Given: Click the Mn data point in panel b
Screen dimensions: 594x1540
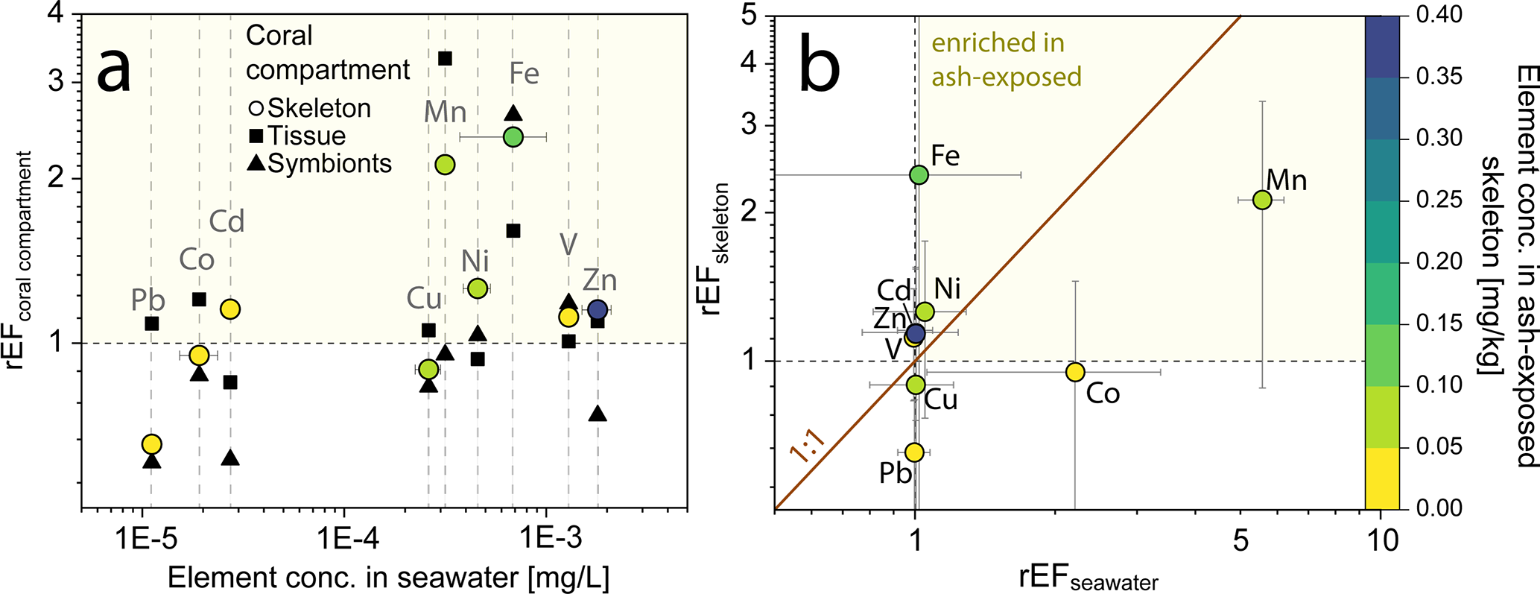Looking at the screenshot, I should pos(1261,200).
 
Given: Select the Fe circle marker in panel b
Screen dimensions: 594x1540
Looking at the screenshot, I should pos(919,175).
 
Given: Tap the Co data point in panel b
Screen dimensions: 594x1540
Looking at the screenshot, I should pos(1074,372).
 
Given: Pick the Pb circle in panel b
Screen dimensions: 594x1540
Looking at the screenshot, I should pos(914,452).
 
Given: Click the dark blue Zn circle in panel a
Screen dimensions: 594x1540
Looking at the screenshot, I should pos(597,310).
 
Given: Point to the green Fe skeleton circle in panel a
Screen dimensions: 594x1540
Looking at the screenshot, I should pos(513,137).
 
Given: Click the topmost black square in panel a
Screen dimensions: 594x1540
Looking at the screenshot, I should pos(445,58).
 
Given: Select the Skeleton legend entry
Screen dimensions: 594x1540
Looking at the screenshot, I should pos(310,109).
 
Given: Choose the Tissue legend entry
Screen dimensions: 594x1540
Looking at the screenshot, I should pos(298,136).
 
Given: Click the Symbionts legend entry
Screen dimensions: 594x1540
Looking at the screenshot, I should pos(320,164).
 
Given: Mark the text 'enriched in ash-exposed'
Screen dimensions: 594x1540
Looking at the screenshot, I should pos(1006,60).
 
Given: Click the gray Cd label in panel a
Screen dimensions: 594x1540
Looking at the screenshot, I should pos(226,221).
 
